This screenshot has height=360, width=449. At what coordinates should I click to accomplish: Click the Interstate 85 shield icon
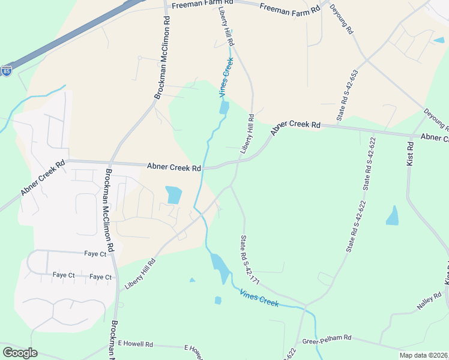click(7, 71)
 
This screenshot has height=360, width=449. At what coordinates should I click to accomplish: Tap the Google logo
click(19, 353)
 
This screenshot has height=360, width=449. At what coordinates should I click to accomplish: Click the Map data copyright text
click(423, 355)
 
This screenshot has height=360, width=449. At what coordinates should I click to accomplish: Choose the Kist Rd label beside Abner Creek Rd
click(411, 154)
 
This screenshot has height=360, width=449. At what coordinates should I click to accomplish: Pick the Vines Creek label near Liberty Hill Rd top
click(226, 77)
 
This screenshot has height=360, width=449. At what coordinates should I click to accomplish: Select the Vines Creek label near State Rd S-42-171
click(259, 298)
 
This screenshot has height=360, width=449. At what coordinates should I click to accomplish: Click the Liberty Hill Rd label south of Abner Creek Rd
click(140, 275)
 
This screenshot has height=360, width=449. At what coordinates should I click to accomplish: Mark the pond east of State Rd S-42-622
click(393, 216)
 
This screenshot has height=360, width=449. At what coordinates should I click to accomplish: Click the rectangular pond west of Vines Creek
click(173, 194)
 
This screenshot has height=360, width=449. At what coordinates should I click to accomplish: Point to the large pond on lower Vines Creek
click(219, 266)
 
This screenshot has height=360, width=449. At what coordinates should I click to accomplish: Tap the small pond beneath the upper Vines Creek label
click(224, 108)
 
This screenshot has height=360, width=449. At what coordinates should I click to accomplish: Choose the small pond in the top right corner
click(439, 40)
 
